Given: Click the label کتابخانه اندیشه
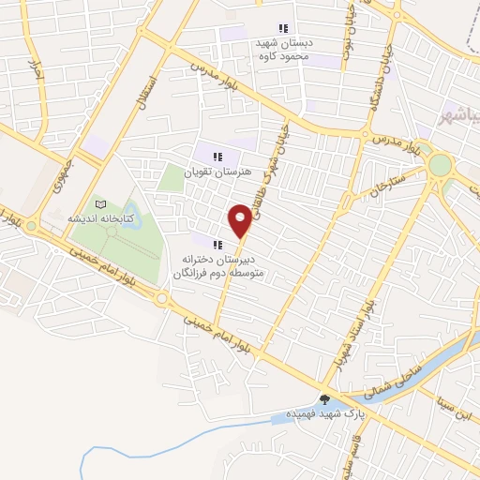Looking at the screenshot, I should [100, 218].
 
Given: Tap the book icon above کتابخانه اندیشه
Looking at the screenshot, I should [101, 204].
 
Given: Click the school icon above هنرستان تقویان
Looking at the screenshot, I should [217, 156].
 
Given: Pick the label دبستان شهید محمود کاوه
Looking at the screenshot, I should [284, 49].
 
